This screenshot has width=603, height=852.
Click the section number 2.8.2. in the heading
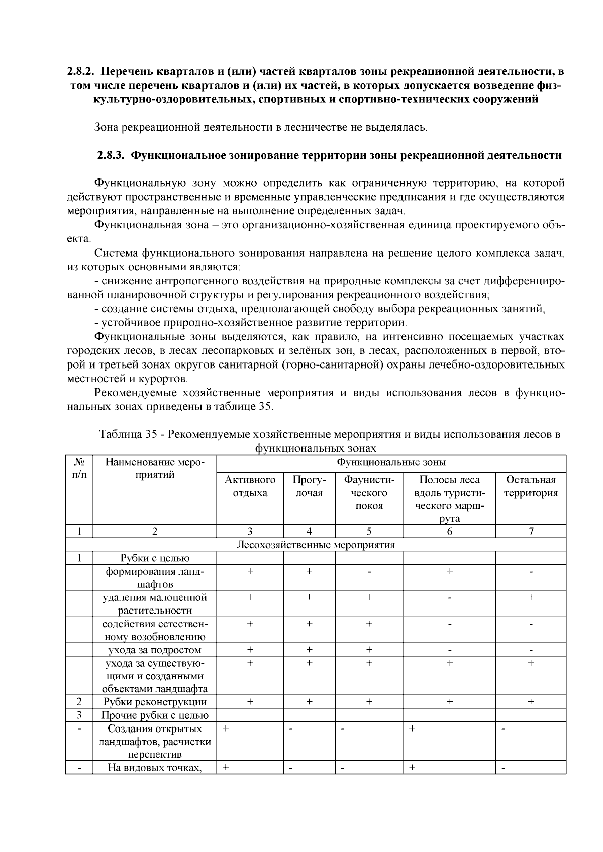click(82, 71)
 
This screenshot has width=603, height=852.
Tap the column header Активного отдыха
click(250, 486)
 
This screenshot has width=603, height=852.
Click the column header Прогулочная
click(309, 486)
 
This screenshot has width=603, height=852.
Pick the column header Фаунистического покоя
click(369, 493)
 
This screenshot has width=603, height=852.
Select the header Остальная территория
click(531, 486)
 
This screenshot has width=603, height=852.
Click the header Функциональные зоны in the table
click(391, 462)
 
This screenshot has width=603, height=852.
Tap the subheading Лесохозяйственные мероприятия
click(316, 545)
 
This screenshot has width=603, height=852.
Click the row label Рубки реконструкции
click(155, 702)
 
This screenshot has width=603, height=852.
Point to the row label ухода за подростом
click(155, 650)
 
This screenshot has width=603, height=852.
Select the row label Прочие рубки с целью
click(155, 715)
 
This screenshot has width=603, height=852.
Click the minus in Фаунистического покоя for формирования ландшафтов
click(369, 572)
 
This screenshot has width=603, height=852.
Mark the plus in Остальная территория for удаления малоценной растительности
click(531, 597)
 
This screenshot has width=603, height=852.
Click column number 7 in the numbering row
click(531, 532)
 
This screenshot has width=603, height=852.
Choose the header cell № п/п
click(79, 468)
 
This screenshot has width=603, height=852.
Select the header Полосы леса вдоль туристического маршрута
click(449, 499)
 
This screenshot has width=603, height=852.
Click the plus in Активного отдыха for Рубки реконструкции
click(250, 702)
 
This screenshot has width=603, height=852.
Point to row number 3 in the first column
click(79, 715)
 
